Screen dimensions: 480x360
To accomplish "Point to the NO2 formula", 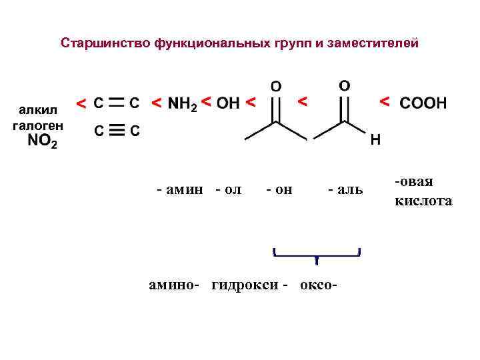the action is [x=42, y=142].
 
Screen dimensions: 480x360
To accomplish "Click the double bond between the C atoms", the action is [x=116, y=103].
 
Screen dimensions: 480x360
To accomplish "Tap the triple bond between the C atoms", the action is [x=116, y=131].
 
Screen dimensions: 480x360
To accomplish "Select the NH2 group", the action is [x=183, y=104].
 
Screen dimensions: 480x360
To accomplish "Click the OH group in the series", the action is [x=228, y=103].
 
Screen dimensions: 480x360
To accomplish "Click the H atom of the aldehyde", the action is [x=375, y=141].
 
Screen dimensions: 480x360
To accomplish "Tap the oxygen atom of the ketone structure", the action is [x=275, y=87].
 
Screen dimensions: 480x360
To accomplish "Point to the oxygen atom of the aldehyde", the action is [x=344, y=87].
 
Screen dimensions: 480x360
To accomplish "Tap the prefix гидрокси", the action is [x=246, y=285].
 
